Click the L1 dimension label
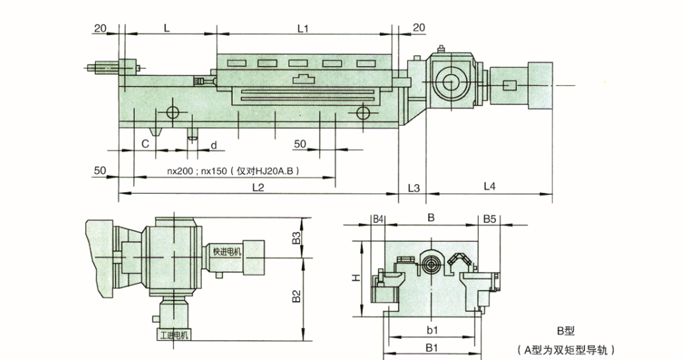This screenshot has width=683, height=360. pyautogui.click(x=303, y=28)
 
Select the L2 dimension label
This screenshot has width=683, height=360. pyautogui.click(x=258, y=187)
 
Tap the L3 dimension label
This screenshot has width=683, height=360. pyautogui.click(x=413, y=187)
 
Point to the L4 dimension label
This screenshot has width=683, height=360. pyautogui.click(x=490, y=187)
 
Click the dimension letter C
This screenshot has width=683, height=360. pyautogui.click(x=145, y=144)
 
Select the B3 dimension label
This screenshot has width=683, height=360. pyautogui.click(x=296, y=238)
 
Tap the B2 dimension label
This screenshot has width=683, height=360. pyautogui.click(x=296, y=296)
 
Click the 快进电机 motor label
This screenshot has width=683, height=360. pyautogui.click(x=227, y=252)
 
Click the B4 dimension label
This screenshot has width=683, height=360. pyautogui.click(x=378, y=219)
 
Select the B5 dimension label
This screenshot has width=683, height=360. pyautogui.click(x=490, y=219)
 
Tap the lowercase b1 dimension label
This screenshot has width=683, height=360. pyautogui.click(x=432, y=330)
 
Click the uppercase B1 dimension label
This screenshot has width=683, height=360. pyautogui.click(x=432, y=348)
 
